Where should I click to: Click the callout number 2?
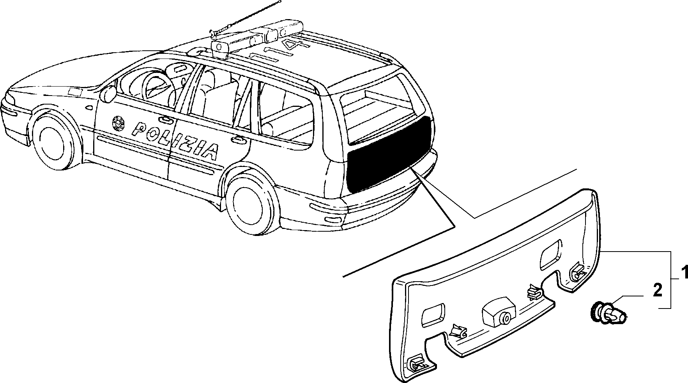657,291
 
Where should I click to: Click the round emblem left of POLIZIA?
117,123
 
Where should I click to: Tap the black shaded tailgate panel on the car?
388,154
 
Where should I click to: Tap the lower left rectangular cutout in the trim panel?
433,314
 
